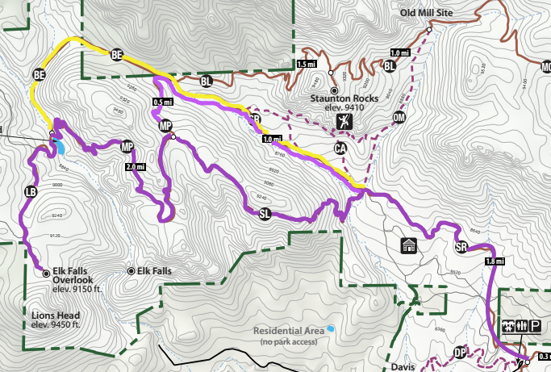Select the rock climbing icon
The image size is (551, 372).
point(344,122)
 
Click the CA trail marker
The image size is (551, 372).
point(340,148)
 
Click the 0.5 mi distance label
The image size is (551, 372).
point(162,102)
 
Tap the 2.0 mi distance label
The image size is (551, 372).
point(135,168)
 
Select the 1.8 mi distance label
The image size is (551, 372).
point(495,261)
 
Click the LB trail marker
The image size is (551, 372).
point(31,192)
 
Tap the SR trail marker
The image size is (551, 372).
point(461,247)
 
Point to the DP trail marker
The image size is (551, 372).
point(460,352)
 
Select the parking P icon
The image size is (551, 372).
point(536,325)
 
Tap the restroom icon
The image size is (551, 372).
point(509,325)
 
